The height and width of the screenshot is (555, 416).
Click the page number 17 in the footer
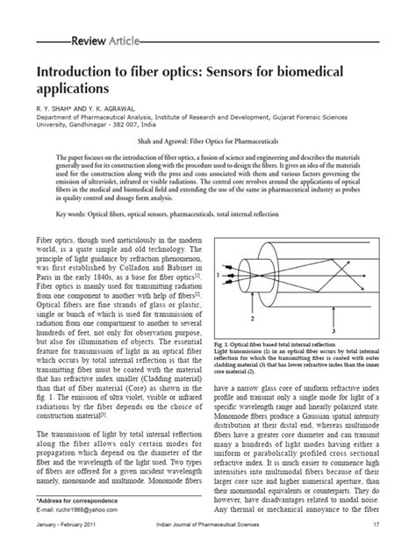click(375, 548)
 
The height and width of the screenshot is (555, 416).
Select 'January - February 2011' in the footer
click(71, 548)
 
